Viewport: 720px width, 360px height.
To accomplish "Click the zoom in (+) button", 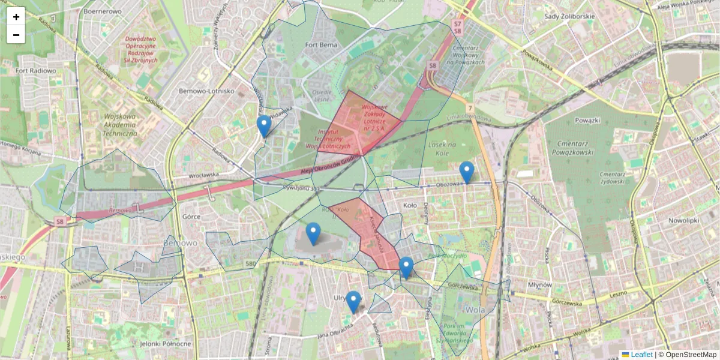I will pyautogui.click(x=16, y=16).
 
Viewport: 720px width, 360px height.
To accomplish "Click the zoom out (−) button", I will pyautogui.click(x=16, y=35).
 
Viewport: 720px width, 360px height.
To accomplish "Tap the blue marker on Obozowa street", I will pyautogui.click(x=466, y=172).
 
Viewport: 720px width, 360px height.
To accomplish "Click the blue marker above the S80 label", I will pyautogui.click(x=313, y=233).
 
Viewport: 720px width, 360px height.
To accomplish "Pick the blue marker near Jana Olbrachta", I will pyautogui.click(x=353, y=302).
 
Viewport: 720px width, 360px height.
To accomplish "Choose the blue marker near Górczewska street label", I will pyautogui.click(x=406, y=268).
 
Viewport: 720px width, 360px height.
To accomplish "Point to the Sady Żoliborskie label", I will pyautogui.click(x=569, y=16).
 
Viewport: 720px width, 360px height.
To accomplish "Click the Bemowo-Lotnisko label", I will pyautogui.click(x=206, y=91).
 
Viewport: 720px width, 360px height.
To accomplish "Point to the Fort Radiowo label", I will pyautogui.click(x=36, y=71).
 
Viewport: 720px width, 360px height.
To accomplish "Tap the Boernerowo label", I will pyautogui.click(x=103, y=11).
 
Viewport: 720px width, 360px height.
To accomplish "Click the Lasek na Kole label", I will pyautogui.click(x=443, y=149).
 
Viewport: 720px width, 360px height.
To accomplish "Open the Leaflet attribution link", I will pyautogui.click(x=641, y=355).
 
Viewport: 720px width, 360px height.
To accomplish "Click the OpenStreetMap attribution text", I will pyautogui.click(x=691, y=355).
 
